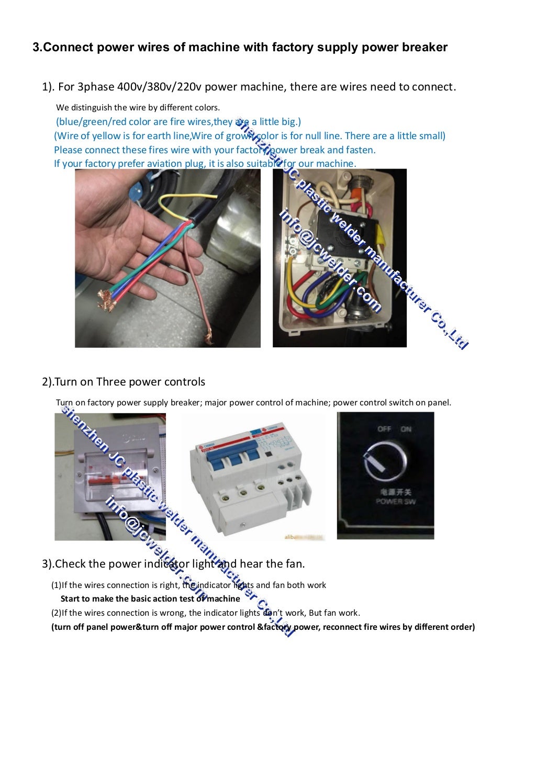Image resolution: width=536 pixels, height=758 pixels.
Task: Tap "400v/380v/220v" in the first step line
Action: pyautogui.click(x=158, y=87)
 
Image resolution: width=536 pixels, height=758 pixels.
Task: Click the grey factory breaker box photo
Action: pyautogui.click(x=110, y=476)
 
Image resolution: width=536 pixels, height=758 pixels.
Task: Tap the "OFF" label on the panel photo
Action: pyautogui.click(x=384, y=429)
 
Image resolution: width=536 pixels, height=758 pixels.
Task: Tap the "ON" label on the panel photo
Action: pyautogui.click(x=406, y=429)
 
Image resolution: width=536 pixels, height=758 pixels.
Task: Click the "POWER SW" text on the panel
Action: pyautogui.click(x=396, y=501)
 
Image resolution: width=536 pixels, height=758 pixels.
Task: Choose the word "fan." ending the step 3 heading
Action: pyautogui.click(x=294, y=564)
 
